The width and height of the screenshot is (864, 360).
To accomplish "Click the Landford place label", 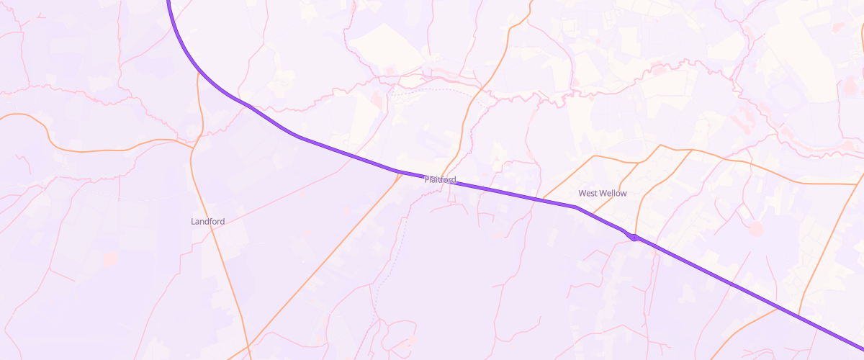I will point(207,222).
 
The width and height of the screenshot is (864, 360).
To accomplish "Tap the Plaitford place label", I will point(440,179).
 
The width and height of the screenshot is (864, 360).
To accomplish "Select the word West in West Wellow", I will point(589,194).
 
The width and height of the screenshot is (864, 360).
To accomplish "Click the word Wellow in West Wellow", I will point(613,194).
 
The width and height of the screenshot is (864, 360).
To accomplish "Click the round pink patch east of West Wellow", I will point(755,228).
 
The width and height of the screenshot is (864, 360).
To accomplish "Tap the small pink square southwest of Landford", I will point(109,258).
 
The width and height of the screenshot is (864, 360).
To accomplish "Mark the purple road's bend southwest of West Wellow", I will point(575,207).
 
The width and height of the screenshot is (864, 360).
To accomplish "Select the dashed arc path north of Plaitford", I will point(439,90).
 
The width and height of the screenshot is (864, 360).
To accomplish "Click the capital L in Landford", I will point(193,222).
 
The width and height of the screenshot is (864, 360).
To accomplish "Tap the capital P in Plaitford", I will point(427,179).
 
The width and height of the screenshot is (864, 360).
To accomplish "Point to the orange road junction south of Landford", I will point(248,346).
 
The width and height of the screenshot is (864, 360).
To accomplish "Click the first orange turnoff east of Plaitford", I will point(544,198).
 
